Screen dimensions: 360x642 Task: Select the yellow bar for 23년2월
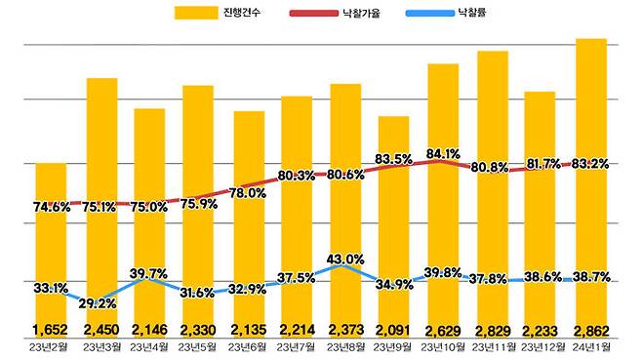coord(52,244)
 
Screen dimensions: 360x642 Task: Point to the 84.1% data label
coord(443,153)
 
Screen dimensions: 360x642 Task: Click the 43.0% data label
coord(344,259)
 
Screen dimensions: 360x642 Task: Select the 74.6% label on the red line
coord(52,207)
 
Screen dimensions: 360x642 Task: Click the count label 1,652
coord(52,330)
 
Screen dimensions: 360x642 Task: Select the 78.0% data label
coord(248,193)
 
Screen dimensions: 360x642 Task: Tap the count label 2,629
coord(443,330)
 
